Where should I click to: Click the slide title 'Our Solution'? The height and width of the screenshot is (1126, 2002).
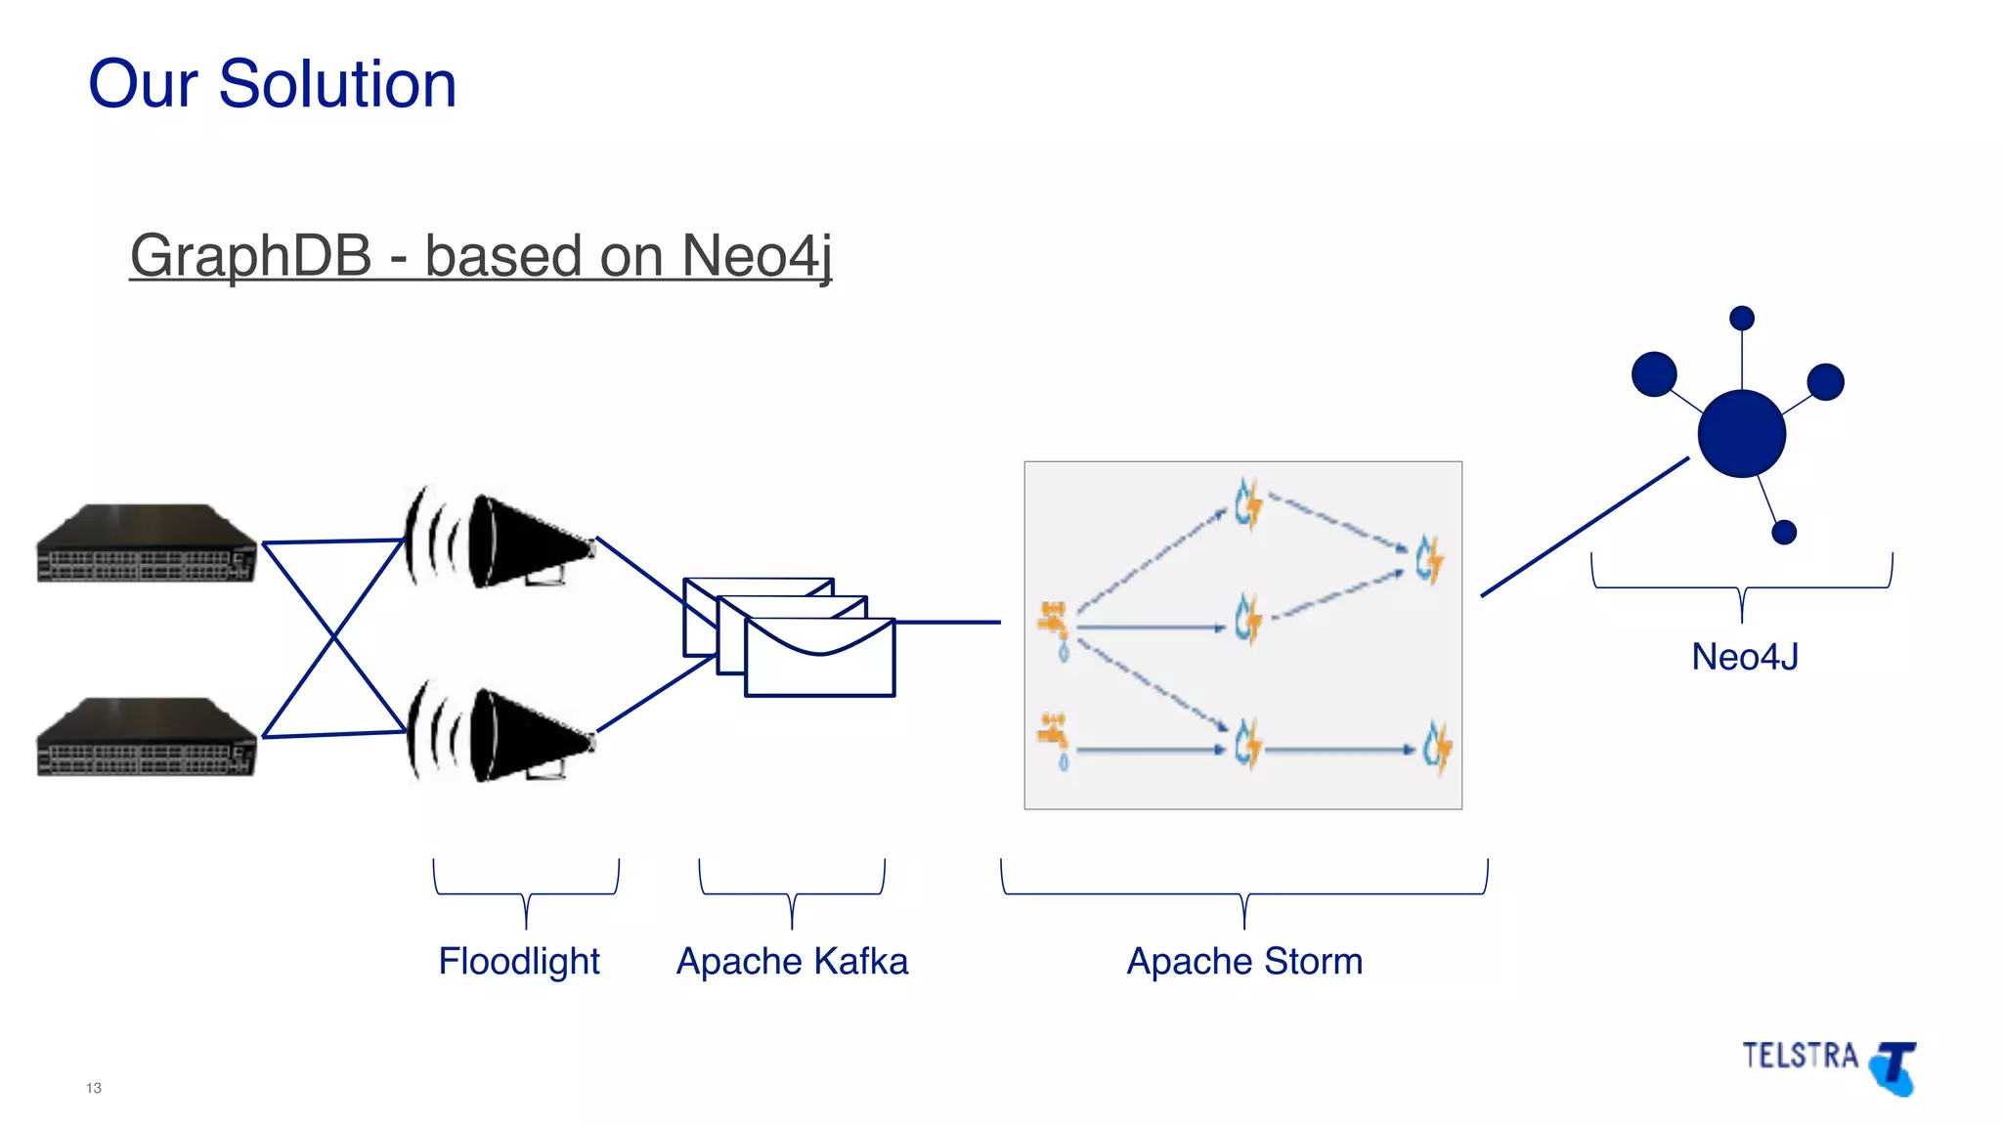[272, 84]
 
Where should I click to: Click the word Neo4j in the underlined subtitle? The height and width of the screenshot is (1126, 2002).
[757, 256]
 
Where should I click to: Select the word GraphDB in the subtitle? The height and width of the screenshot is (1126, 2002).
[250, 256]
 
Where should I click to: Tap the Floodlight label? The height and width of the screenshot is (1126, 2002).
[518, 961]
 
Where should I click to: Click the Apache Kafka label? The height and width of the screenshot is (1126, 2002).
[792, 961]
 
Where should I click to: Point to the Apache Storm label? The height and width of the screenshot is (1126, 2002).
[1244, 961]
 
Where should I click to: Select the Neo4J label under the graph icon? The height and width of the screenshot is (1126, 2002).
[1745, 657]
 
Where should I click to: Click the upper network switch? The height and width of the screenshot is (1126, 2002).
[147, 543]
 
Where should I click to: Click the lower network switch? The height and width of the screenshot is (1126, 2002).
[147, 737]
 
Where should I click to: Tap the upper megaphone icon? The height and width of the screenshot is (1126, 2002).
[518, 540]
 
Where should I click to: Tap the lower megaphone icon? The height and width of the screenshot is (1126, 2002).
[518, 735]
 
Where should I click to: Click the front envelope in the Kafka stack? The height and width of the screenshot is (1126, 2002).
[819, 659]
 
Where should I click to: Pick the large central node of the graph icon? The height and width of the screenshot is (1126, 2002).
[1741, 433]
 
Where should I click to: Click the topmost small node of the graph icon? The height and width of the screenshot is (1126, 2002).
[1742, 319]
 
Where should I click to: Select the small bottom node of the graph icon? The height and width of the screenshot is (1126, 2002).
[1784, 532]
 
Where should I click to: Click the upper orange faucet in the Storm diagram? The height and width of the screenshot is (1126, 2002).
[1053, 620]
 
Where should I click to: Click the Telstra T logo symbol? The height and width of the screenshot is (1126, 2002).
[1895, 1068]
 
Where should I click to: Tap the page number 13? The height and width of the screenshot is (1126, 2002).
[94, 1088]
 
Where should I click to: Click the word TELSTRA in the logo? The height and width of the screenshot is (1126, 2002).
[1800, 1056]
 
